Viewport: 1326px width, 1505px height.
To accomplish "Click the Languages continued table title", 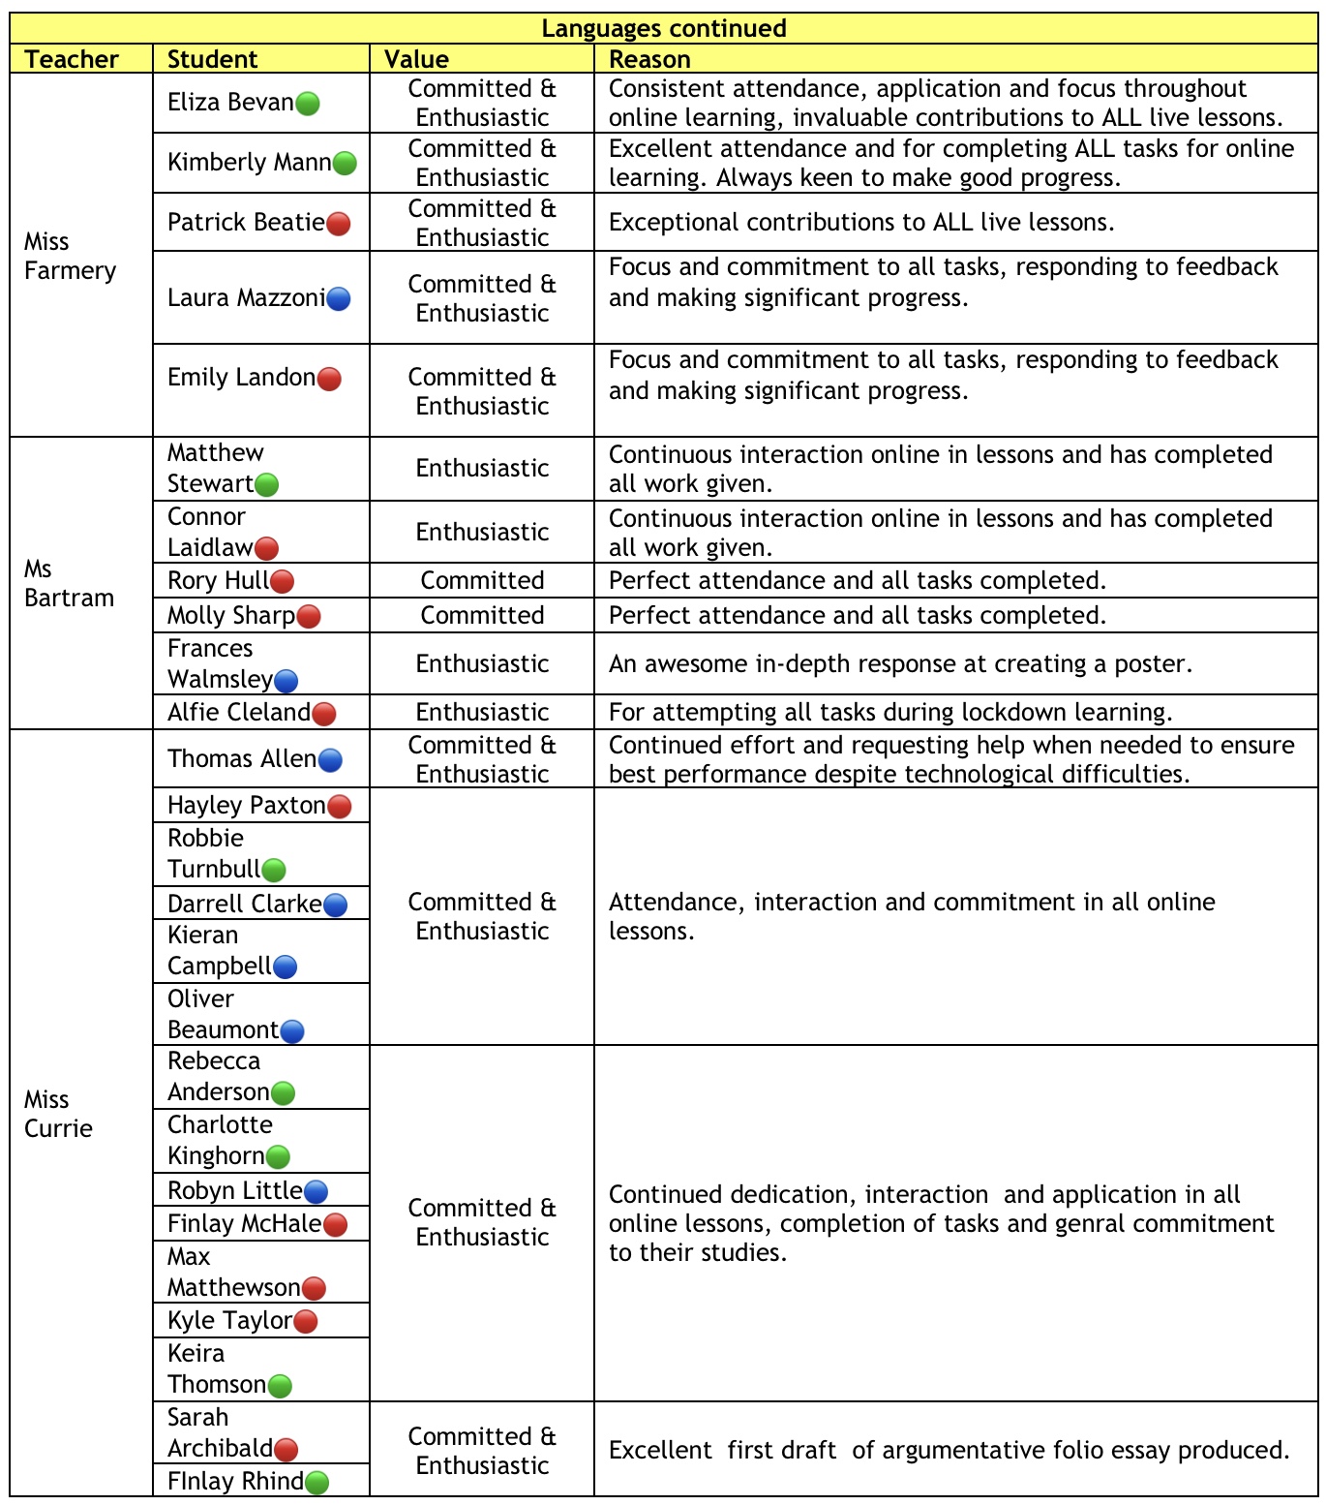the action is tap(664, 28).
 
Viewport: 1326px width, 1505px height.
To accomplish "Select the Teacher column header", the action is tap(72, 59).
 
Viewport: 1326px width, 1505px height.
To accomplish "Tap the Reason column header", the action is tap(649, 59).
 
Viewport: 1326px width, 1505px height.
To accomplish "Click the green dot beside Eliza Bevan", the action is tap(307, 104).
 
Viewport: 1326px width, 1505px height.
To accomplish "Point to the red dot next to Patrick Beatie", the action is tap(338, 224).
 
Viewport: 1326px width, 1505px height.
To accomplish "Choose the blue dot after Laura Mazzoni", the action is tap(338, 299).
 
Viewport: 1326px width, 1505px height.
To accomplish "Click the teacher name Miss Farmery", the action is tap(70, 256).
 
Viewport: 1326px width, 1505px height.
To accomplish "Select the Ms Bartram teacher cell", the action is tap(69, 583).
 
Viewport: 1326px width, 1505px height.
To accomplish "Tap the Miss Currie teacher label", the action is tap(58, 1114).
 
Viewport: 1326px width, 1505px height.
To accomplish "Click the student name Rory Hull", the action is tap(218, 580).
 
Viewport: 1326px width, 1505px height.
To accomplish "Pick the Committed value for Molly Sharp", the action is tap(482, 615).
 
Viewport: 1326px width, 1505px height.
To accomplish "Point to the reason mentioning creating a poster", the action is tap(900, 663).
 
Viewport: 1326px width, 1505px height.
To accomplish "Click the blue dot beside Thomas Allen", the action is tap(329, 760).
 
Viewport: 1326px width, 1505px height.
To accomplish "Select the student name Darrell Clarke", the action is tap(245, 904).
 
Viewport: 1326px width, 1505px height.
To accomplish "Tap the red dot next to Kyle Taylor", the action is tap(305, 1322).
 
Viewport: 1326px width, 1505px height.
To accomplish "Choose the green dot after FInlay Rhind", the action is tap(316, 1483).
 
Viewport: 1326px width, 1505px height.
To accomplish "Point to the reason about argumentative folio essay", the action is tap(949, 1450).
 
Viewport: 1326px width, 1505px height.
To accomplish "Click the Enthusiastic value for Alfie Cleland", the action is tap(482, 712).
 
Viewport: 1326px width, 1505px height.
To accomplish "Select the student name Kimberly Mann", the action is tap(250, 162).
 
